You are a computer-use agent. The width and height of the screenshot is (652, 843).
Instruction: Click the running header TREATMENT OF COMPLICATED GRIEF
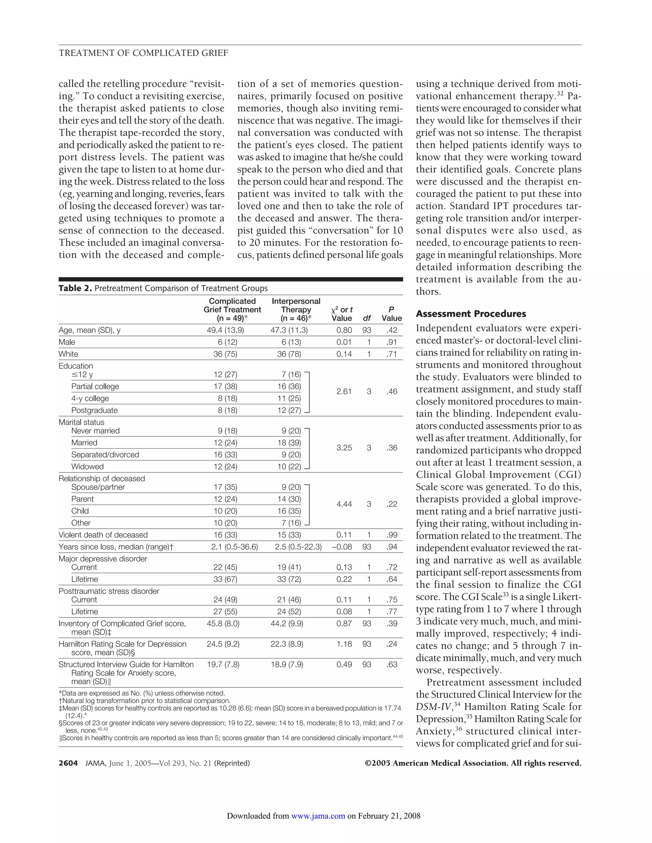[143, 53]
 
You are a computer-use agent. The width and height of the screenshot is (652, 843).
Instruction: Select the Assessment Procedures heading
[471, 314]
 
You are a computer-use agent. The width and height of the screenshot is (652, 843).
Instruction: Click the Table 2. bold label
[75, 288]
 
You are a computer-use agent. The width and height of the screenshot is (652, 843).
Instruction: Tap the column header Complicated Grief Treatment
[232, 310]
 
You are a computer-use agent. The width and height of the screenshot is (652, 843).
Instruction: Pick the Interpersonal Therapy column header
[296, 310]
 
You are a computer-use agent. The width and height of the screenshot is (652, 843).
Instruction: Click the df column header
[367, 318]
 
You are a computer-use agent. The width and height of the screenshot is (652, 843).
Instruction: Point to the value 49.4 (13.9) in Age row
[225, 330]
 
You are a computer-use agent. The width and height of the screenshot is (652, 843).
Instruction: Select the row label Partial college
[95, 387]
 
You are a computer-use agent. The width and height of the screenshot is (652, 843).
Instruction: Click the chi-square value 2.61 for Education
[344, 391]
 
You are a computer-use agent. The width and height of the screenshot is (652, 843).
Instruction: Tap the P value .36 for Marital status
[392, 448]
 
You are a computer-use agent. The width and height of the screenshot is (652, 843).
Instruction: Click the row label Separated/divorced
[105, 455]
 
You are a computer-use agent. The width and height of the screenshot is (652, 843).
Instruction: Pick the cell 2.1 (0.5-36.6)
[234, 547]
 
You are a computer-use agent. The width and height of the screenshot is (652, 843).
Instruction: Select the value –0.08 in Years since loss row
[342, 547]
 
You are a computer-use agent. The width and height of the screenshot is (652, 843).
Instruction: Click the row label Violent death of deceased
[103, 535]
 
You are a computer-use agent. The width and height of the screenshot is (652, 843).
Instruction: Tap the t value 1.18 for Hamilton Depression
[344, 644]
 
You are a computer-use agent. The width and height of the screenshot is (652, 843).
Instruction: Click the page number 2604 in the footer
[68, 763]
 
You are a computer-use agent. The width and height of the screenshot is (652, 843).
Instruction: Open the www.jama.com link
[318, 816]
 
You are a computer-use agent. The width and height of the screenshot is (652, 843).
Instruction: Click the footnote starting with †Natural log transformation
[145, 700]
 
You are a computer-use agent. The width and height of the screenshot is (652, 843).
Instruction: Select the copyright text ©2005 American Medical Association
[473, 763]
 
